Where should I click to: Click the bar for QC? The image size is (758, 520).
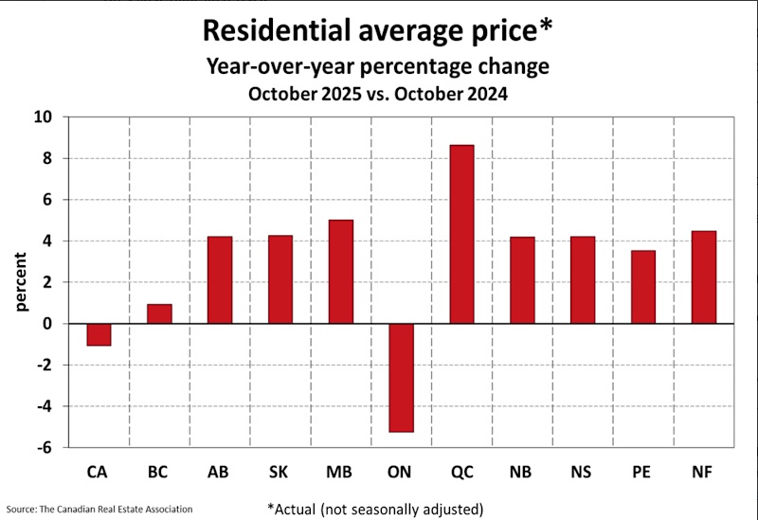(461, 234)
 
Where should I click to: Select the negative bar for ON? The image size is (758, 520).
(402, 377)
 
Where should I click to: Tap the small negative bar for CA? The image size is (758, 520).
(99, 334)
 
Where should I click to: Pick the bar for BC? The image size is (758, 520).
(159, 314)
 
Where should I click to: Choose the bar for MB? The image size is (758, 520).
(340, 272)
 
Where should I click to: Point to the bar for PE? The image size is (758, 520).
(643, 287)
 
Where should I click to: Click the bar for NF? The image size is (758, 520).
(703, 278)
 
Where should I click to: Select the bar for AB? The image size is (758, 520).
(220, 279)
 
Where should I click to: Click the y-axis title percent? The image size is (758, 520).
(20, 282)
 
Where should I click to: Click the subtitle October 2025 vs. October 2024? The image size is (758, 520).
(378, 94)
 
